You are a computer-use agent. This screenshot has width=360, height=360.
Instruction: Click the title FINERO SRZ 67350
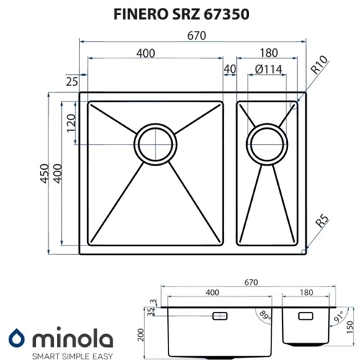click(x=181, y=14)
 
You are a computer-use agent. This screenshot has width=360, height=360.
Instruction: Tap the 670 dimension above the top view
click(x=197, y=36)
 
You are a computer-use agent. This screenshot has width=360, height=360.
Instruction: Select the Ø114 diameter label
click(x=269, y=70)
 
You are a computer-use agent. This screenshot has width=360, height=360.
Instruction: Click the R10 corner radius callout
click(x=319, y=65)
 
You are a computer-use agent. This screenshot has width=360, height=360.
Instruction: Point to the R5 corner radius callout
click(x=322, y=220)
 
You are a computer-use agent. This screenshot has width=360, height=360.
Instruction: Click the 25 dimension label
click(x=72, y=82)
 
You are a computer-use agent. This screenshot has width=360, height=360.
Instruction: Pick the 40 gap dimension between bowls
click(x=230, y=69)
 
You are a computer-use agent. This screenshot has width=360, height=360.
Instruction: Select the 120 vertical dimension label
click(x=71, y=123)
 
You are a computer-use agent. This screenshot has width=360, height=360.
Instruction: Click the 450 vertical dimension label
click(x=45, y=174)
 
